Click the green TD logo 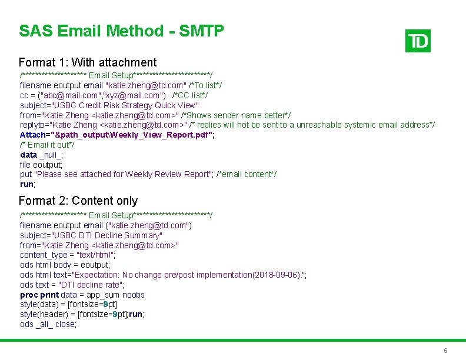point(418,41)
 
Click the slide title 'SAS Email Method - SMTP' point(121,31)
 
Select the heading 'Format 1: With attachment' point(88,62)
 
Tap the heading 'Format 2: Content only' point(78,201)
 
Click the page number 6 point(445,351)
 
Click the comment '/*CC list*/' point(190,95)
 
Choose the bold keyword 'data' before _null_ point(28,155)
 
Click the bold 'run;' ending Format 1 point(28,184)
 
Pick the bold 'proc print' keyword point(39,295)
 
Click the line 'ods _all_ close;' point(48,324)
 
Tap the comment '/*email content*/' point(247,174)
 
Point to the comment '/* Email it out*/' point(47,145)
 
